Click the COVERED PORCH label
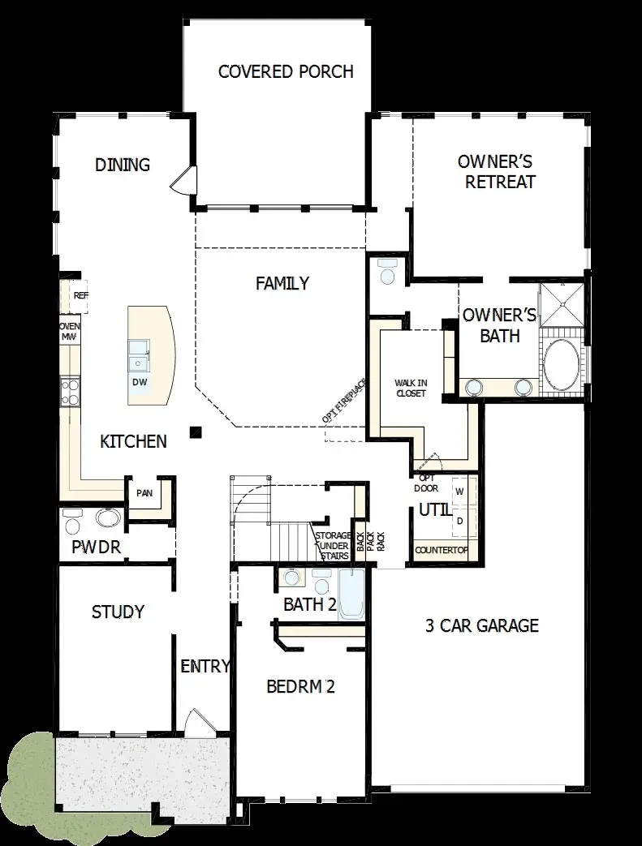(286, 71)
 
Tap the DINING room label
(123, 165)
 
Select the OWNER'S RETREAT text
(495, 171)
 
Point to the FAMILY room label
(282, 283)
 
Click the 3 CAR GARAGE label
(482, 625)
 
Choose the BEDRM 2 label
(300, 687)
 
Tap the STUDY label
(118, 612)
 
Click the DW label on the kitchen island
(140, 382)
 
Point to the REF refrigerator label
(80, 296)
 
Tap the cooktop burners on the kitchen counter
(70, 393)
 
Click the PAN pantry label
(144, 492)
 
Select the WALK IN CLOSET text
(411, 387)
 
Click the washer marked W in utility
(459, 492)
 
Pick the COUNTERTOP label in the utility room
(442, 550)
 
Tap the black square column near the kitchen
(195, 432)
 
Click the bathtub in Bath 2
(352, 594)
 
